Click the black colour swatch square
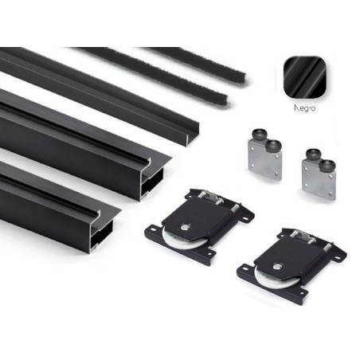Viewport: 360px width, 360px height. click(305, 77)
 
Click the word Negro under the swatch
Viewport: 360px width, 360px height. click(305, 108)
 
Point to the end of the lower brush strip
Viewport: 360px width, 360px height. click(225, 100)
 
